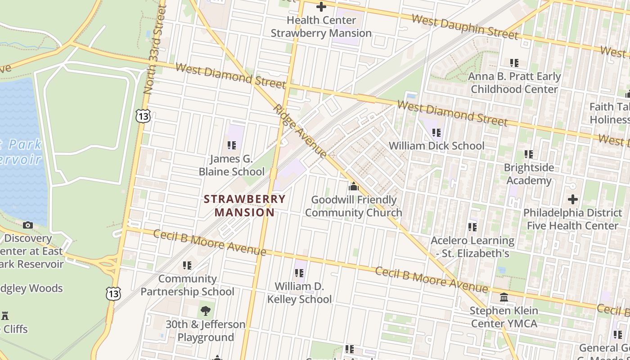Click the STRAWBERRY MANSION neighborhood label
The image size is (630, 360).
pyautogui.click(x=245, y=206)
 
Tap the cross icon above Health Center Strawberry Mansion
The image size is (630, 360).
pyautogui.click(x=321, y=7)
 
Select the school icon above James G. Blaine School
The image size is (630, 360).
pyautogui.click(x=232, y=145)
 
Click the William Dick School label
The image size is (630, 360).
pyautogui.click(x=436, y=146)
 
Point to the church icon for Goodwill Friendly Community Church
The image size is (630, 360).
pyautogui.click(x=354, y=186)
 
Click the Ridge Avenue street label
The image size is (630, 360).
pyautogui.click(x=300, y=132)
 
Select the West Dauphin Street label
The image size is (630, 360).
pyautogui.click(x=465, y=27)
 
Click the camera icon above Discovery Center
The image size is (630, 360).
pyautogui.click(x=28, y=225)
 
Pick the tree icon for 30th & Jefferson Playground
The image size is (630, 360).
pyautogui.click(x=206, y=310)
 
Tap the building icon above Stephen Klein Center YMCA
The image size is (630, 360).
pyautogui.click(x=504, y=297)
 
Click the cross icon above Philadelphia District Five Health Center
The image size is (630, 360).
pyautogui.click(x=572, y=199)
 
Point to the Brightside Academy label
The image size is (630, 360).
pyautogui.click(x=529, y=174)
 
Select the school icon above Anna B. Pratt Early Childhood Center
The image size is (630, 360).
pyautogui.click(x=514, y=63)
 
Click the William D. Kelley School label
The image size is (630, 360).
pyautogui.click(x=299, y=292)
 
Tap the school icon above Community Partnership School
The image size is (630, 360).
pyautogui.click(x=187, y=265)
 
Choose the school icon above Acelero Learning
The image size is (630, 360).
pyautogui.click(x=472, y=227)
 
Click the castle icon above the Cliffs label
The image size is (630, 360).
pyautogui.click(x=5, y=315)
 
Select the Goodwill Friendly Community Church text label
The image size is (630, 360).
pyautogui.click(x=354, y=206)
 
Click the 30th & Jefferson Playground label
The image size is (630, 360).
pyautogui.click(x=206, y=331)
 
